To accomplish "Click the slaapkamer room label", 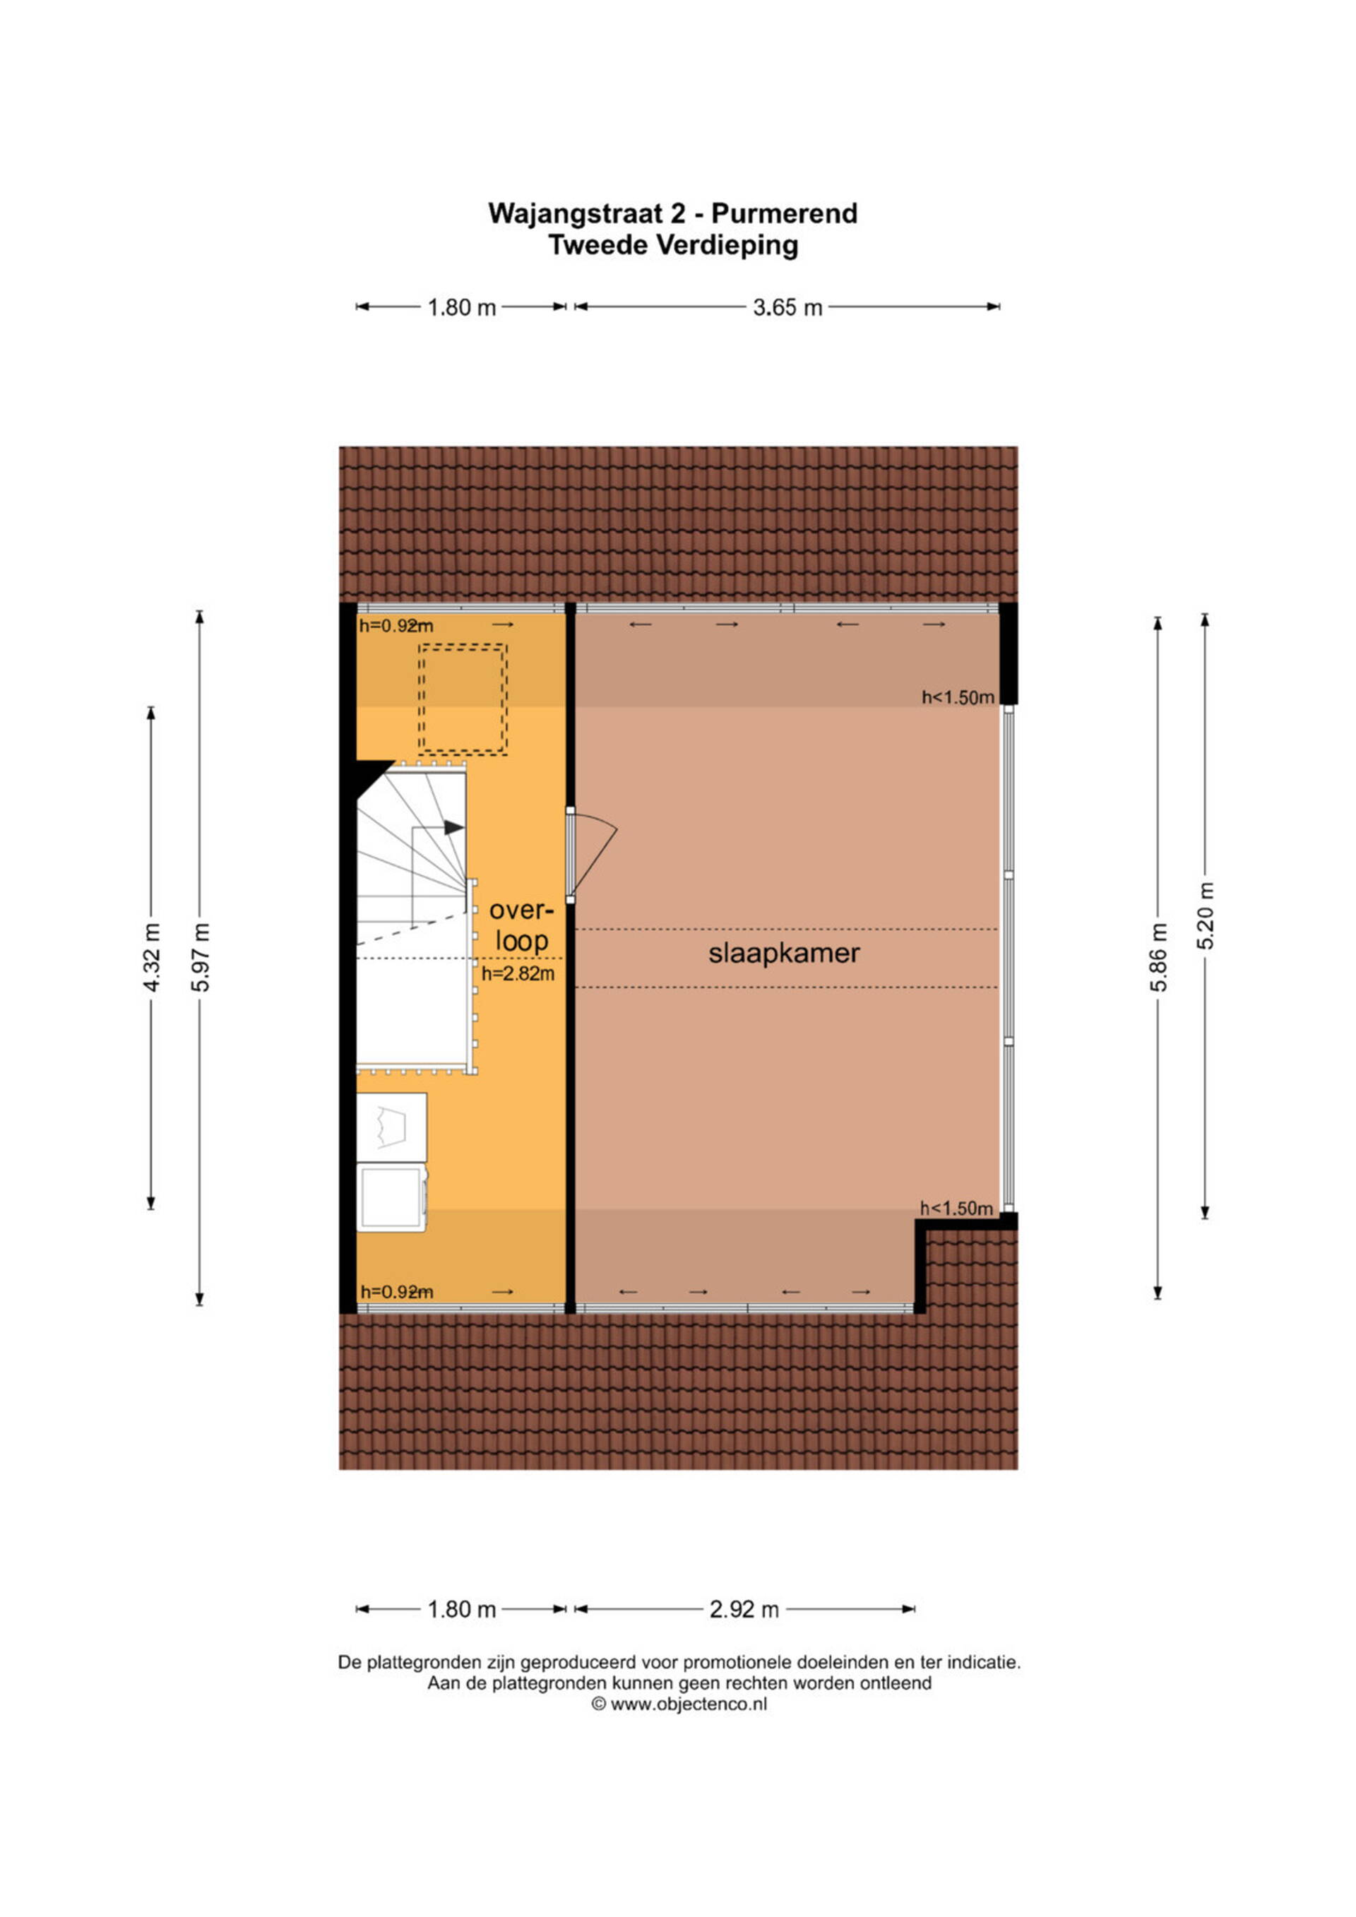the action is [x=784, y=954].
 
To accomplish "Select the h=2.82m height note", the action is [x=518, y=973].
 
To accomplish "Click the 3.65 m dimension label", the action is [x=787, y=307].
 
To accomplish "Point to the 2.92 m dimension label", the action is [x=744, y=1609].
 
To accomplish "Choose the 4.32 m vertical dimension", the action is [x=151, y=958].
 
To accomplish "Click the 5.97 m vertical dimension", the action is [x=200, y=958].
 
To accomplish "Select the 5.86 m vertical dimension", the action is [x=1158, y=958].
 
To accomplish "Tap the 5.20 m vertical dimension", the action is [x=1205, y=916].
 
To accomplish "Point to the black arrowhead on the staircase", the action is [x=453, y=827].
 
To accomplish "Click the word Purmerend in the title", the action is [x=784, y=214].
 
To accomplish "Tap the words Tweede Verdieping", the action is [x=673, y=246].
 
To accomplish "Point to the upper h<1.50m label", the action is [x=958, y=697].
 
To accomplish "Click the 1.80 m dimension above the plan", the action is [x=462, y=307].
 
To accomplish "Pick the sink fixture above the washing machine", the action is [x=391, y=1127].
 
